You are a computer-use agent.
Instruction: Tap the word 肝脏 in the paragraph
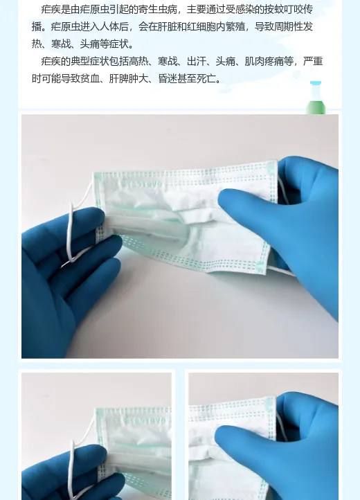(x=167, y=26)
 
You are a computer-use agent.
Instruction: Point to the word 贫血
(x=90, y=78)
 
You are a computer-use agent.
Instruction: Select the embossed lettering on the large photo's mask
(x=141, y=184)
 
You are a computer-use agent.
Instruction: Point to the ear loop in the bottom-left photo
(x=73, y=463)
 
